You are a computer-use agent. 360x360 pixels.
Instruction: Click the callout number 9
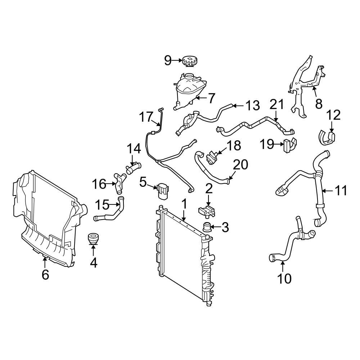point(168,60)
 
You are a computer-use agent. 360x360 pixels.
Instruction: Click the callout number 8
point(319,104)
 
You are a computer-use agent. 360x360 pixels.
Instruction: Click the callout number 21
point(277,105)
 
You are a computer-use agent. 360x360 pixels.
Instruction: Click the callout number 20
point(240,165)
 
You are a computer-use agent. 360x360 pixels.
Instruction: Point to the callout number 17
point(147,117)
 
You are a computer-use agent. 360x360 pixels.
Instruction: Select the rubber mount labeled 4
point(93,240)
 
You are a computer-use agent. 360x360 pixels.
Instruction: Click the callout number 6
point(45,274)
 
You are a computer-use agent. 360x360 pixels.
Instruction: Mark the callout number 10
point(283,278)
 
